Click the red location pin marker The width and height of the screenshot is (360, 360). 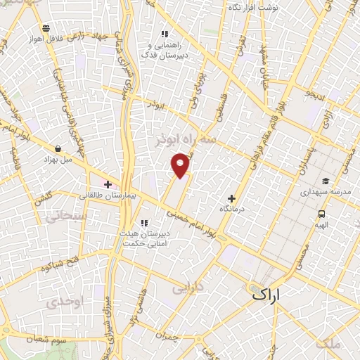pyautogui.click(x=181, y=165)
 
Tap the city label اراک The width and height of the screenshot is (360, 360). pyautogui.click(x=264, y=297)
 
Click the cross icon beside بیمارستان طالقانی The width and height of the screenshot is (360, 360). pyautogui.click(x=108, y=185)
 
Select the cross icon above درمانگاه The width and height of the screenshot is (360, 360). pyautogui.click(x=231, y=198)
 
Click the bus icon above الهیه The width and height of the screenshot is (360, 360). pyautogui.click(x=321, y=214)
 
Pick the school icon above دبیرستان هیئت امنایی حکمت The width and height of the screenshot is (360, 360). pyautogui.click(x=144, y=224)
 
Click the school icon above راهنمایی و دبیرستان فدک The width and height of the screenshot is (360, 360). pyautogui.click(x=165, y=34)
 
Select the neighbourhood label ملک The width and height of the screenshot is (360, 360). pyautogui.click(x=328, y=343)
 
